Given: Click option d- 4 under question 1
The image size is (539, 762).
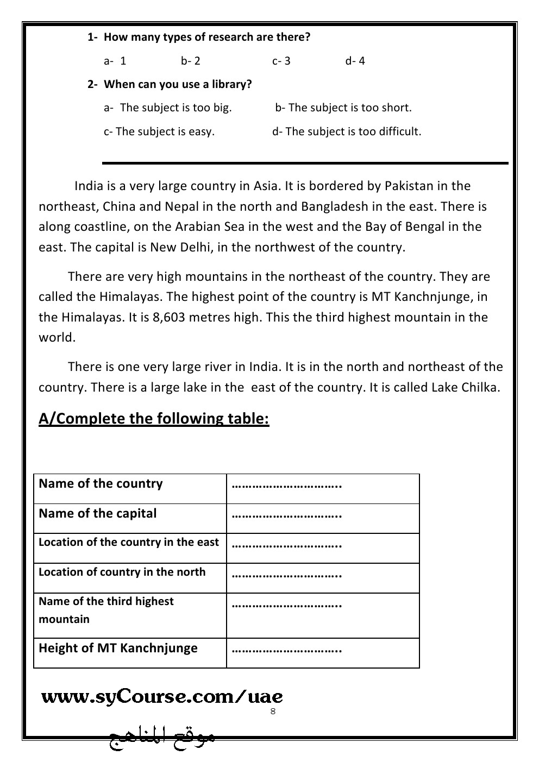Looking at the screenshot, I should click(x=355, y=61).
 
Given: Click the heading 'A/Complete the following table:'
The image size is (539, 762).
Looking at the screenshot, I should click(x=154, y=419).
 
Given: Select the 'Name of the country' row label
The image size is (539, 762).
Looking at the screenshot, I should click(x=101, y=484).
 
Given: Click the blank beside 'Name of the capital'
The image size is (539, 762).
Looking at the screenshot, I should click(x=286, y=514).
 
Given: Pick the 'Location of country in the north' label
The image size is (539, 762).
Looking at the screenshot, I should click(x=122, y=572).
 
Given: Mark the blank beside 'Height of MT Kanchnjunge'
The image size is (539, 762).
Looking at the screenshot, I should click(x=286, y=649).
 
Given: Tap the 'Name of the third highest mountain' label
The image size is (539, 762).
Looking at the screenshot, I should click(x=106, y=610).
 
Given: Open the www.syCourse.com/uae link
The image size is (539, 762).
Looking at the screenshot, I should click(x=162, y=697).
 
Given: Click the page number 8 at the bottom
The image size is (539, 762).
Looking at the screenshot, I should click(x=273, y=711).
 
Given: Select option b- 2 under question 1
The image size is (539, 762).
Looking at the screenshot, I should click(x=191, y=61).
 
